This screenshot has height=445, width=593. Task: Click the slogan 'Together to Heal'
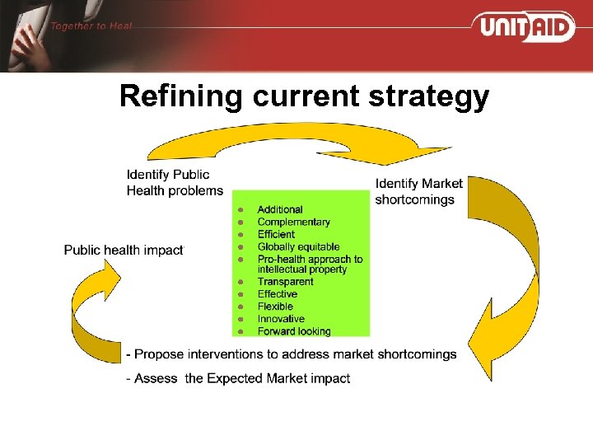click(91, 26)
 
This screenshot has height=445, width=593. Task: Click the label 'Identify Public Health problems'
click(174, 182)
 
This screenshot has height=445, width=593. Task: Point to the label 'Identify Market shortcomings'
click(418, 191)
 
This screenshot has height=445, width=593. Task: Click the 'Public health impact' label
click(124, 250)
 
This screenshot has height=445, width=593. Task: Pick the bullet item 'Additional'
click(280, 209)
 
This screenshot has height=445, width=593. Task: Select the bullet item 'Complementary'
click(293, 222)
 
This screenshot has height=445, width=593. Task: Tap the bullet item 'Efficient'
click(276, 234)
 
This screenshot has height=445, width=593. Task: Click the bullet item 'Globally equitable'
click(298, 246)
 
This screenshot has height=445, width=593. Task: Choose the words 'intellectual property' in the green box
click(302, 269)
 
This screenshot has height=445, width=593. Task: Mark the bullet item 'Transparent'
click(285, 282)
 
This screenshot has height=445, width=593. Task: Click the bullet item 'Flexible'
click(275, 307)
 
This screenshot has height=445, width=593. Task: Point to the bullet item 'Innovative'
click(281, 319)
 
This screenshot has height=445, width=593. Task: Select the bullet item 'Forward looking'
click(294, 331)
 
